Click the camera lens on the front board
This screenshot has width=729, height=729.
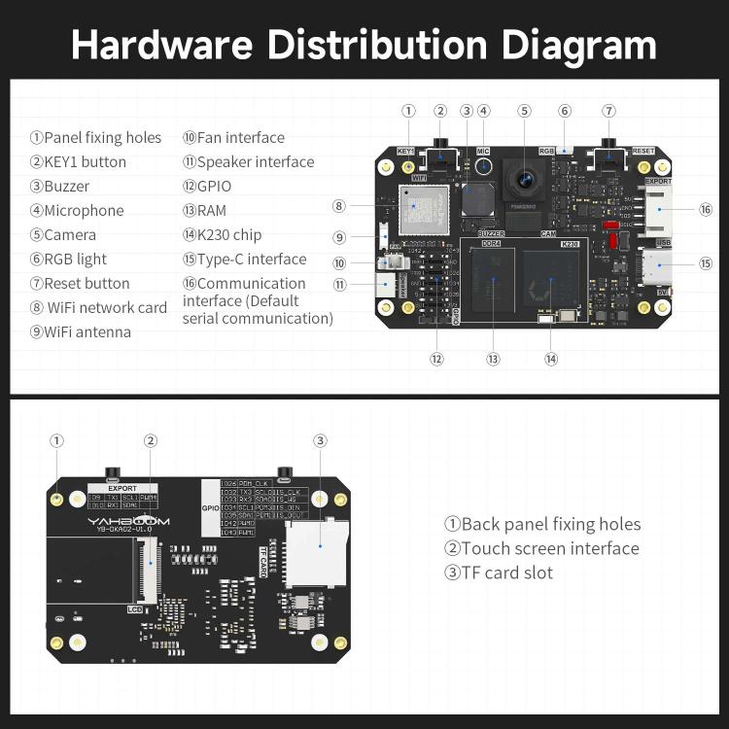click(525, 179)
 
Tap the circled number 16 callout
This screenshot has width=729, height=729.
click(706, 209)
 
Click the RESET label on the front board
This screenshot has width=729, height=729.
click(643, 152)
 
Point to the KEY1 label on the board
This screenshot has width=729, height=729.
click(407, 152)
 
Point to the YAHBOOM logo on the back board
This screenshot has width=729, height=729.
click(128, 521)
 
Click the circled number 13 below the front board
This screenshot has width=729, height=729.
click(493, 359)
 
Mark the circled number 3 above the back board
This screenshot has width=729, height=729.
click(320, 440)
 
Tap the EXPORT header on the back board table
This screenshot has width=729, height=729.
click(122, 488)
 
